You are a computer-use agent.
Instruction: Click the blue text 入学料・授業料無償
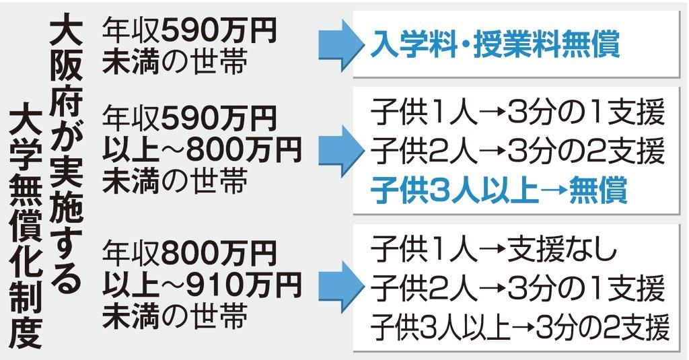point(495,48)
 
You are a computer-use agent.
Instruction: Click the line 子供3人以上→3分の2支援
point(520,330)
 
